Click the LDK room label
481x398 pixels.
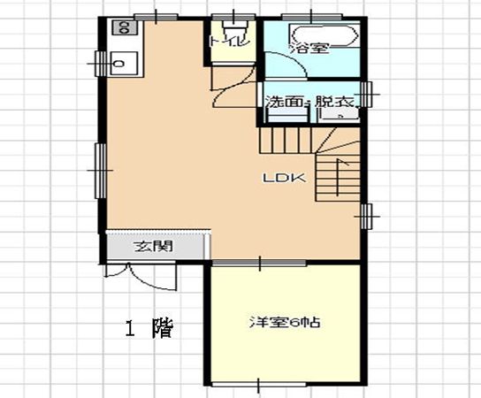click(x=284, y=177)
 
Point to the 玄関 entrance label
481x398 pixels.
click(x=147, y=245)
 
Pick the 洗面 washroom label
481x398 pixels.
click(x=284, y=102)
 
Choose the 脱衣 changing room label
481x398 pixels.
click(x=333, y=102)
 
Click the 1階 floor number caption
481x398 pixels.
click(x=148, y=330)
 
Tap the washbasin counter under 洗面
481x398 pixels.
click(x=282, y=116)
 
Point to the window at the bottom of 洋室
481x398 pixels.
click(x=259, y=385)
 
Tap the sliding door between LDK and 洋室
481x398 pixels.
click(x=259, y=262)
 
